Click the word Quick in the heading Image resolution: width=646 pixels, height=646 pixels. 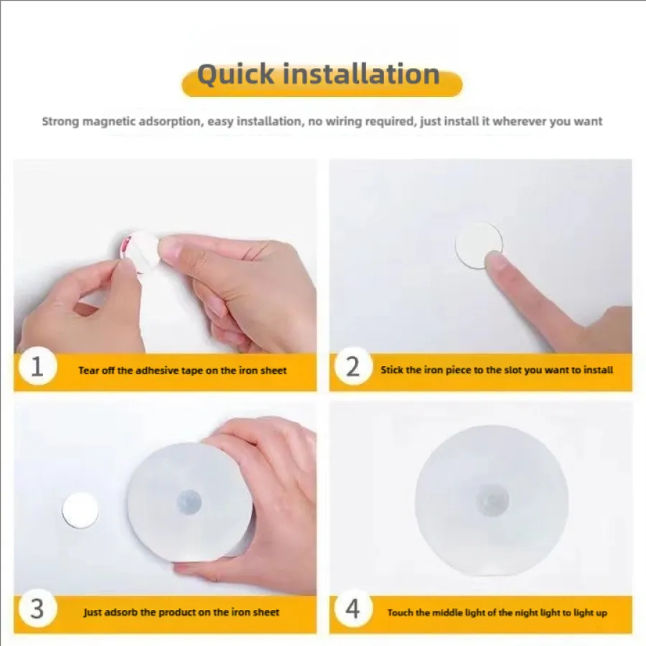[235, 75]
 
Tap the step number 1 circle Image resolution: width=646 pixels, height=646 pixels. [37, 366]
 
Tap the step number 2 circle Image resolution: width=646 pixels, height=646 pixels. [352, 366]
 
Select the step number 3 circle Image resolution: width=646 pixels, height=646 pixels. [37, 609]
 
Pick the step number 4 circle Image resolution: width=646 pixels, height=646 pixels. [352, 609]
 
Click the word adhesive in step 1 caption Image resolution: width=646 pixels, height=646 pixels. [157, 370]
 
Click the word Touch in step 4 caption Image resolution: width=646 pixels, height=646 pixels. [400, 613]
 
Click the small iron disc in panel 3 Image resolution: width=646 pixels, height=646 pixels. [80, 510]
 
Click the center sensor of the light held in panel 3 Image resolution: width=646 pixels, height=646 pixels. [189, 502]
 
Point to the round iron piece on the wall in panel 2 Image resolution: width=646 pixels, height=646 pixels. [478, 245]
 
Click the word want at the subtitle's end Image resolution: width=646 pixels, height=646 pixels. [589, 121]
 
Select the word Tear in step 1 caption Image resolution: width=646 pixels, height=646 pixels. [88, 370]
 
